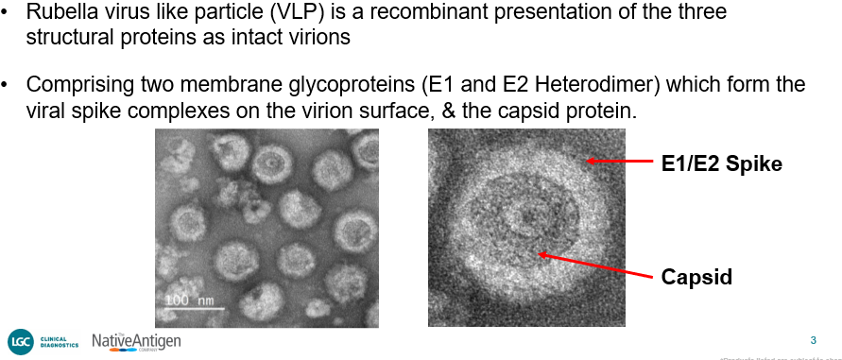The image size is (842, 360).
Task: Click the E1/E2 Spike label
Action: [721, 163]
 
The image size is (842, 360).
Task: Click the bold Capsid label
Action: [696, 277]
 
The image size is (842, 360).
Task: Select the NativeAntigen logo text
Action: [136, 340]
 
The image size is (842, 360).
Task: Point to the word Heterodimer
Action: [581, 85]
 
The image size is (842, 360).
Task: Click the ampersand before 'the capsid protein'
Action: [450, 110]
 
